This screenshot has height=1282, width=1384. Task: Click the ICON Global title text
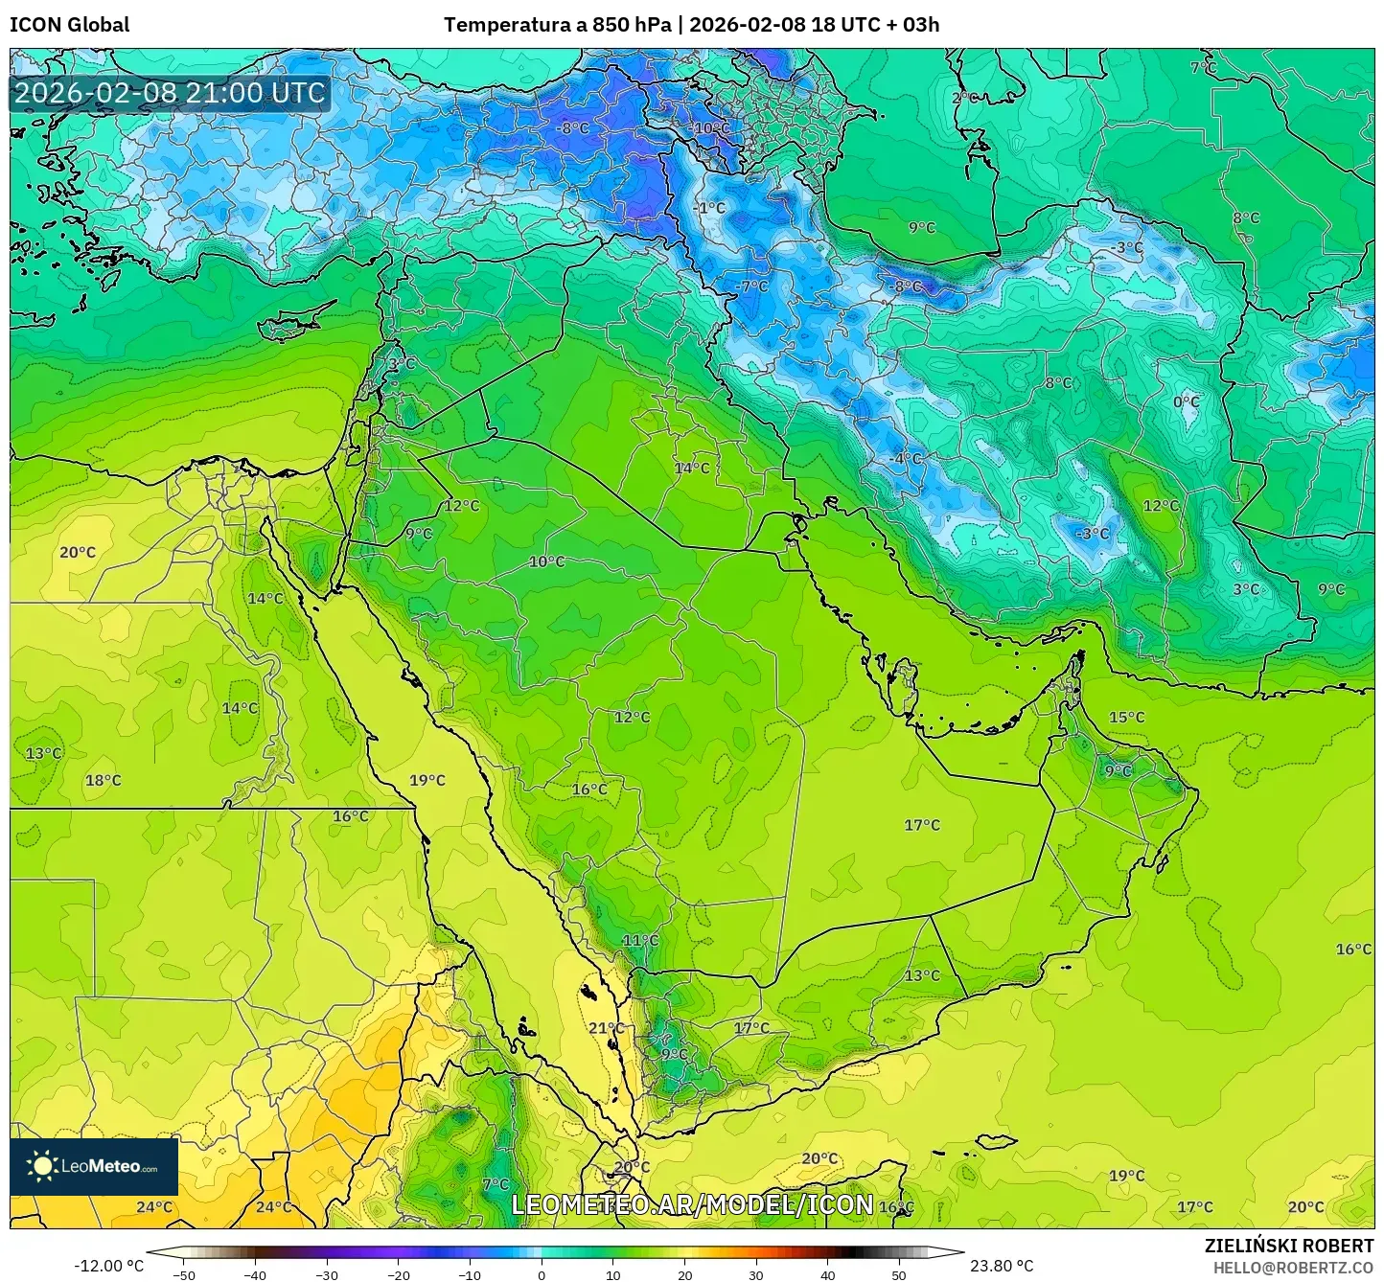point(69,25)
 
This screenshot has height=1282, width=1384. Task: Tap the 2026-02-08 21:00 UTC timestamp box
point(170,93)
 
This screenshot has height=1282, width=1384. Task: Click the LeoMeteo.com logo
point(94,1166)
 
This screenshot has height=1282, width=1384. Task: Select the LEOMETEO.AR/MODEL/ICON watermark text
point(692,1204)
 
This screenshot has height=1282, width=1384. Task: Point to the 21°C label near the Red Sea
point(606,1028)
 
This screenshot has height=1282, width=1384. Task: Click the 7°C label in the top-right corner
point(1203,68)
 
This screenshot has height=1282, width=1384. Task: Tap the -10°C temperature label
point(710,128)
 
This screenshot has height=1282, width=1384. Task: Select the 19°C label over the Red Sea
point(427,780)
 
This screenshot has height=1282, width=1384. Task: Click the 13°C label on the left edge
point(43,753)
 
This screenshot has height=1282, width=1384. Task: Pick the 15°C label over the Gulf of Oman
point(1126,717)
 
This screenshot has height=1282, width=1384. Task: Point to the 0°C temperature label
point(1186,401)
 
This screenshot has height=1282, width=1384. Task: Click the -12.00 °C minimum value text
point(108,1266)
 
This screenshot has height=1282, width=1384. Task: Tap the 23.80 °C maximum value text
point(1002,1266)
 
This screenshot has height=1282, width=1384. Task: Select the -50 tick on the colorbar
point(184,1275)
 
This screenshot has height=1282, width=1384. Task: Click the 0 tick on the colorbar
point(542,1275)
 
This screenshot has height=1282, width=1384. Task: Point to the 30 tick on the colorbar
point(756,1275)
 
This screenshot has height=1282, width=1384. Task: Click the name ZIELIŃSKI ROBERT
point(1289,1246)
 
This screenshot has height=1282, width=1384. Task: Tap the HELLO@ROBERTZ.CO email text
point(1293,1267)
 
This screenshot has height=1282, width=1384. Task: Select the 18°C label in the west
point(104,780)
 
